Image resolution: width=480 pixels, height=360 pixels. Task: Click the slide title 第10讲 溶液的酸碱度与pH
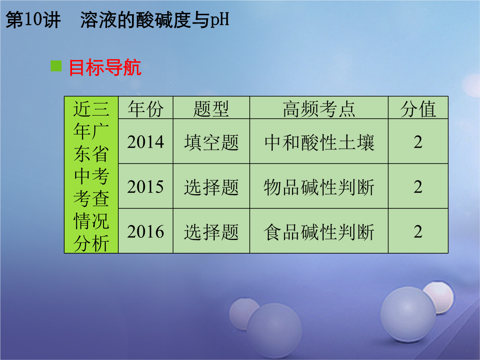point(117,20)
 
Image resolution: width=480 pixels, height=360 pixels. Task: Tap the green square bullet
point(56,66)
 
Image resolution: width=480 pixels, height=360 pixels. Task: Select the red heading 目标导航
point(105,68)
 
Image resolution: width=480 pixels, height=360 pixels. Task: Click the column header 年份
point(146,109)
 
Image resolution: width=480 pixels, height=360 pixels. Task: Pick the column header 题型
point(211,109)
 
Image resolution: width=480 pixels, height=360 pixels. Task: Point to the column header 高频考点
point(319,109)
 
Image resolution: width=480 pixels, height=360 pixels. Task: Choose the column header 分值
point(418,109)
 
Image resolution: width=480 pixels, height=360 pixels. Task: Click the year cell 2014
point(146,142)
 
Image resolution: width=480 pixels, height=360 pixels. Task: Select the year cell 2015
point(146,187)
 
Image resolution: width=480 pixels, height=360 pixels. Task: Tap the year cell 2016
point(146,232)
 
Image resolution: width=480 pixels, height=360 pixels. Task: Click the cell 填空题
point(211,142)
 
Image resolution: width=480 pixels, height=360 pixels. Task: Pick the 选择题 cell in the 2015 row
point(211,187)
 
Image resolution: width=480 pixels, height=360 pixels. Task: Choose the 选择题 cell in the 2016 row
point(211,232)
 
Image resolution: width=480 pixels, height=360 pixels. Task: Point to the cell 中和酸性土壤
point(319,142)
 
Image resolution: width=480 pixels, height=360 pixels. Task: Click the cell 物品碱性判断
point(319,187)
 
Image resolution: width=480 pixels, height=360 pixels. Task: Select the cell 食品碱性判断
point(319,232)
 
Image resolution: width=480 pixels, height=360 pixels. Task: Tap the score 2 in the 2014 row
point(418,142)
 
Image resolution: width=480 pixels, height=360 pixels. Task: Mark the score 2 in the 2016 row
point(418,232)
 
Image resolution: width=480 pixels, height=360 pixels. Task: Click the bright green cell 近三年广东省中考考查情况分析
point(91,175)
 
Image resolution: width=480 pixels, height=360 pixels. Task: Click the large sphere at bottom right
point(408,315)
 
